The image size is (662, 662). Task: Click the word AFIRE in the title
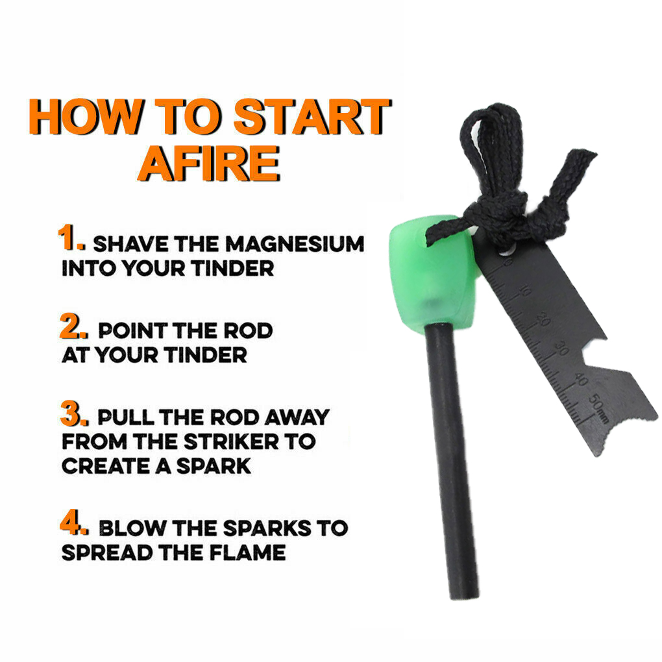point(209,164)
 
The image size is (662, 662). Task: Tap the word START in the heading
point(312,117)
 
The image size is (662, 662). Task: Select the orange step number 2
point(74,326)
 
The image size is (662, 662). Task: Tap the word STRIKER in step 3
point(231,441)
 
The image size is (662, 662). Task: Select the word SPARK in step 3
point(214,466)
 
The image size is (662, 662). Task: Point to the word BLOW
point(132,528)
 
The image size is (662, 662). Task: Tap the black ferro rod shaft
point(452,460)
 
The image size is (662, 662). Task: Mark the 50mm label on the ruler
point(598,408)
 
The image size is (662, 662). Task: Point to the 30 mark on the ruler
point(561,349)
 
